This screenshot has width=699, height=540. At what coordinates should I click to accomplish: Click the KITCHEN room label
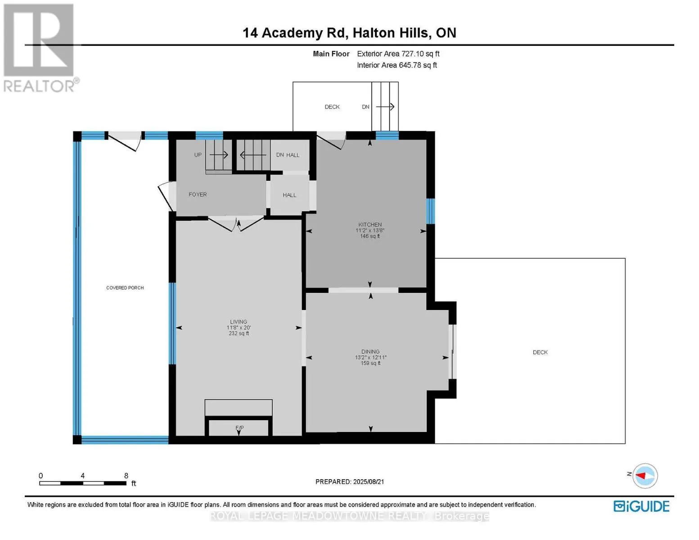tap(370, 225)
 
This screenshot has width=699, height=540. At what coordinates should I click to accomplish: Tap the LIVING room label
tap(239, 322)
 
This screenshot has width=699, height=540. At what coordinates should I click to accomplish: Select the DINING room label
tap(370, 351)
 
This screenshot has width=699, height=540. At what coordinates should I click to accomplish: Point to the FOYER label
tap(198, 194)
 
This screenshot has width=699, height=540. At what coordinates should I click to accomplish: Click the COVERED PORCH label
tap(125, 288)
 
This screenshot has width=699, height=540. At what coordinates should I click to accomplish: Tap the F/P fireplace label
tap(239, 427)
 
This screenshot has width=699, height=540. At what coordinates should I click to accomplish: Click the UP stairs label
tap(198, 155)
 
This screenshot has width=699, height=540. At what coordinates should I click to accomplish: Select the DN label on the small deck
tap(365, 107)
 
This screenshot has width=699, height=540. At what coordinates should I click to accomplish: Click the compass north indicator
tap(645, 476)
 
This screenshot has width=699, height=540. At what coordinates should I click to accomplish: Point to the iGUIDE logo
tap(641, 506)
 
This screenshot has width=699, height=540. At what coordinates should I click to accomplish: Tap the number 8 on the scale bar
tap(126, 476)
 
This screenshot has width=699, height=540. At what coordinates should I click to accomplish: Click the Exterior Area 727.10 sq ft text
tap(398, 54)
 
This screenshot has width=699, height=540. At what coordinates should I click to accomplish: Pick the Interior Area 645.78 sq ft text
tap(397, 65)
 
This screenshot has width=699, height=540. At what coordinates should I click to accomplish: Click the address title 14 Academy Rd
tap(295, 33)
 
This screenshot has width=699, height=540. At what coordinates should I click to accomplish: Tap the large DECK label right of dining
tap(540, 352)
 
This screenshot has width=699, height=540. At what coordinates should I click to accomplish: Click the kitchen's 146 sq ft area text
tap(370, 236)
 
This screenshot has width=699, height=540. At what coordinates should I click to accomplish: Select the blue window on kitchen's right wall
tap(430, 211)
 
